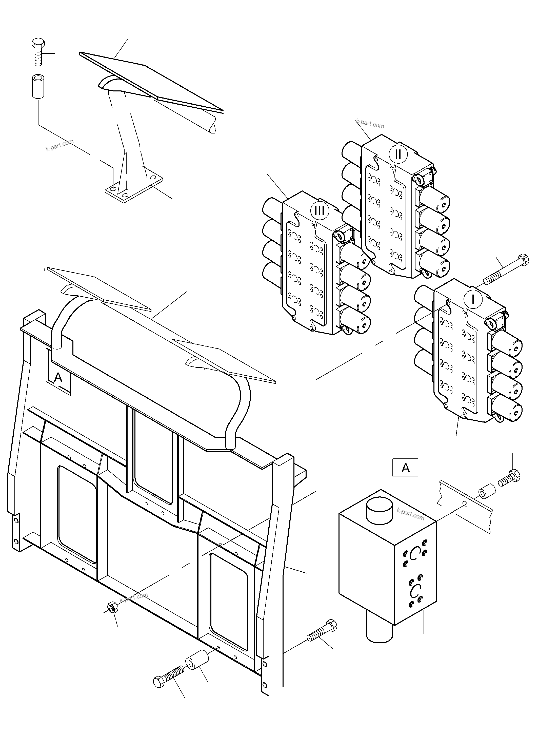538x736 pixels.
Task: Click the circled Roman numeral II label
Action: tap(398, 154)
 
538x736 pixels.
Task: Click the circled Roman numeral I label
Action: tap(473, 299)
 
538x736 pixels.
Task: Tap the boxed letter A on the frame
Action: tap(58, 378)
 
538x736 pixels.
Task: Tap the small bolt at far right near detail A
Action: tap(509, 479)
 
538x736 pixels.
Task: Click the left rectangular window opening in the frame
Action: tap(77, 514)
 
